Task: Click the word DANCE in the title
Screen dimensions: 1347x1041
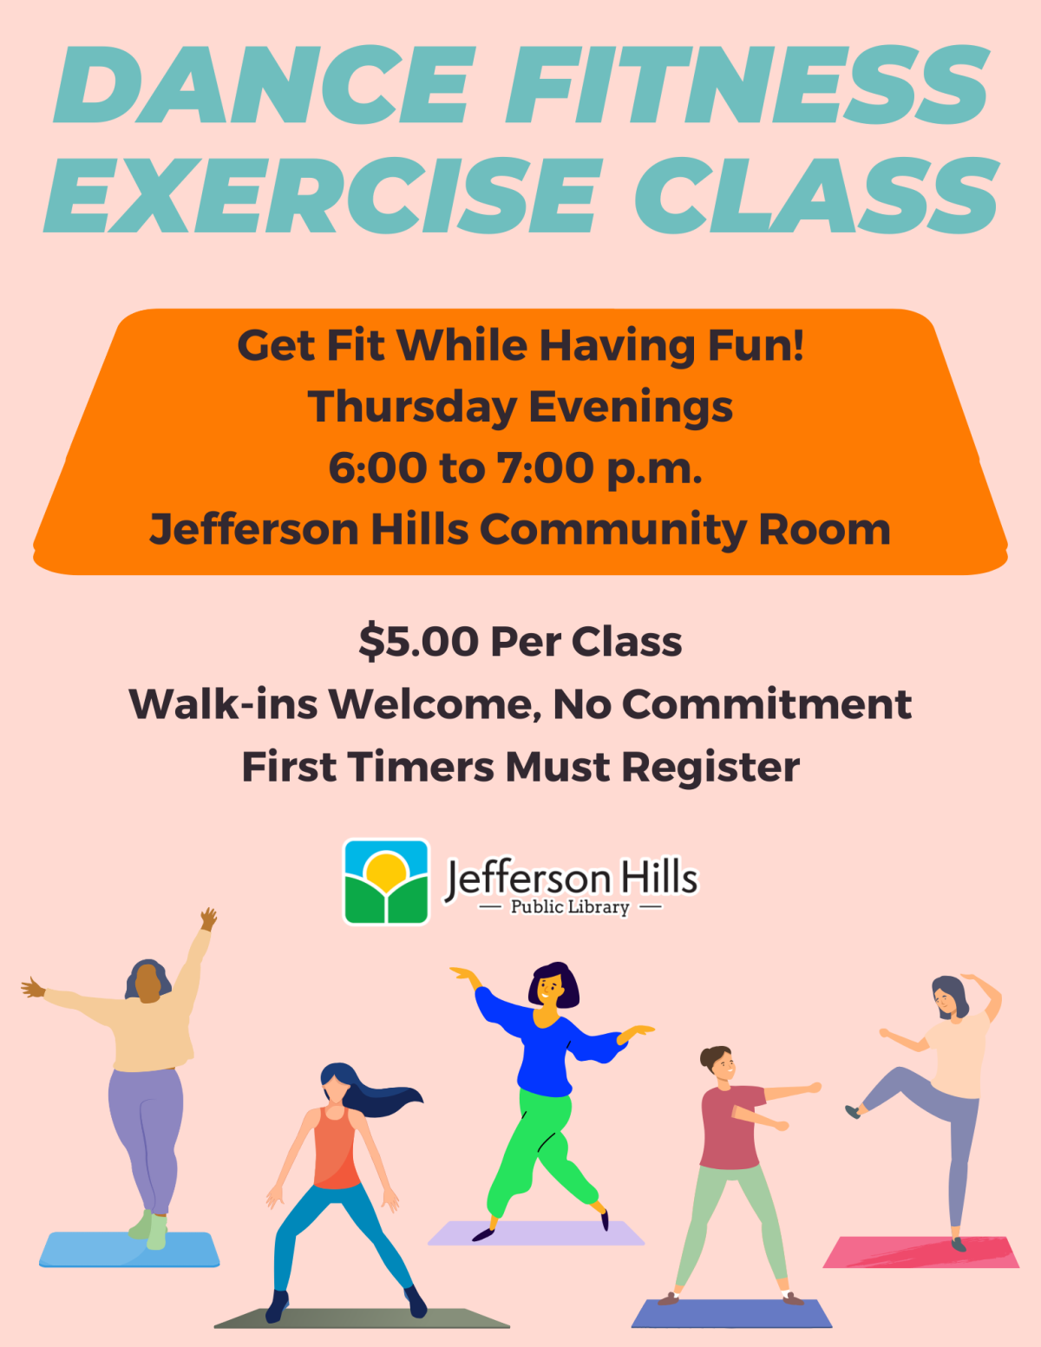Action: point(265,87)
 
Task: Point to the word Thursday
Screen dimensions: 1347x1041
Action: point(412,407)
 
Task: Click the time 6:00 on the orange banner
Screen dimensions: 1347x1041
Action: point(377,468)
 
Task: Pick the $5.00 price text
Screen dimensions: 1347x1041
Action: point(418,643)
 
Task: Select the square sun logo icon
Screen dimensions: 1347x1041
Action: point(386,881)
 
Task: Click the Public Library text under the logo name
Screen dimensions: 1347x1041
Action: point(570,907)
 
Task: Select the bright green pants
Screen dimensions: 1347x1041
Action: point(538,1145)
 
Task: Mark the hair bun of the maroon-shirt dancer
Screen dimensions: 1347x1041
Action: point(704,1057)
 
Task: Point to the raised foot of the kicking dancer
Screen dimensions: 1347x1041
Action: point(854,1111)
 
